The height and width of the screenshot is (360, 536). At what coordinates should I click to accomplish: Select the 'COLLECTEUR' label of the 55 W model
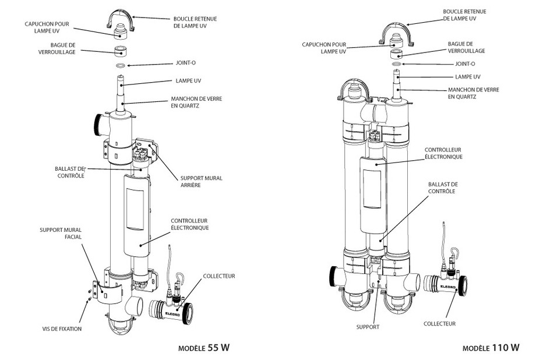pos(218,276)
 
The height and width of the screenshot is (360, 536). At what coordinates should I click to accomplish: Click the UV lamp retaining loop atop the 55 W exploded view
pos(120,22)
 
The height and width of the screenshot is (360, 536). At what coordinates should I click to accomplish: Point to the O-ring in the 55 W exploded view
pos(121,66)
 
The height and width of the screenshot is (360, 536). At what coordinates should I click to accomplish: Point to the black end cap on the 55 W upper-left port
pos(96,122)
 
